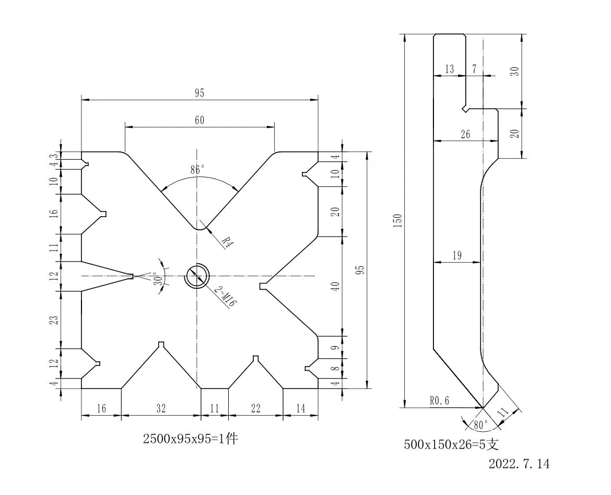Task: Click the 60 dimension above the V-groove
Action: point(199,120)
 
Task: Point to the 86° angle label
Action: point(197,170)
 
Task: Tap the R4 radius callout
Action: point(227,242)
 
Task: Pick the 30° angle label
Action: point(159,279)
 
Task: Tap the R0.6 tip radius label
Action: point(440,400)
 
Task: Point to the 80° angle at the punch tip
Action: point(480,425)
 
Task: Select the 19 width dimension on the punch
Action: point(457,255)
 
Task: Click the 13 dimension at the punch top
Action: point(449,69)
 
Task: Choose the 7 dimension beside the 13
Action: point(474,69)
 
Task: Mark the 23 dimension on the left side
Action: point(55,320)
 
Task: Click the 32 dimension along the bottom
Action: point(161,408)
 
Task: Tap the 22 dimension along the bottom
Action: point(255,408)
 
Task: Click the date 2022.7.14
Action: point(519,464)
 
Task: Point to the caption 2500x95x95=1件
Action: point(191,439)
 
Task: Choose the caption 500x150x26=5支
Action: point(451,444)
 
